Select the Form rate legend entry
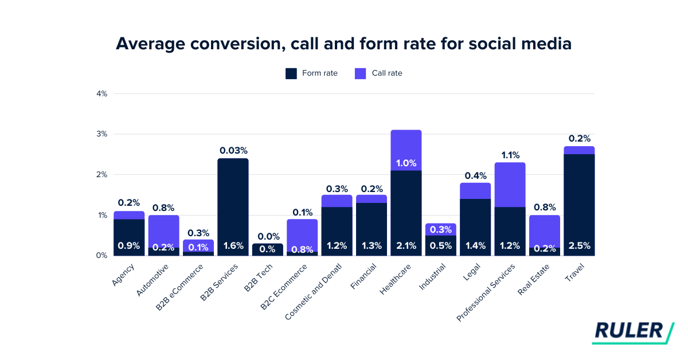(311, 73)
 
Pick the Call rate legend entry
(378, 73)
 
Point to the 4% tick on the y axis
(102, 93)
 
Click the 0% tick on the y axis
(102, 256)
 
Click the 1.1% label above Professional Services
(510, 155)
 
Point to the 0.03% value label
(233, 151)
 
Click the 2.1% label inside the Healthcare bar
(406, 246)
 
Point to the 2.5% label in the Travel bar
(579, 246)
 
